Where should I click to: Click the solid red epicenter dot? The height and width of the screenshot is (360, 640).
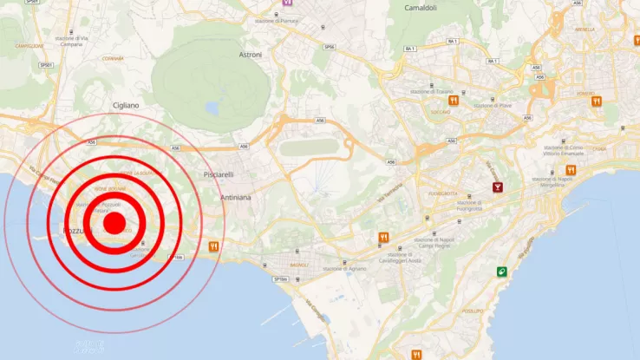114,224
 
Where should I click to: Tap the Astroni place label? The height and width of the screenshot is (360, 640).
251,55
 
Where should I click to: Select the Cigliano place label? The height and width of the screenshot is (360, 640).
126,106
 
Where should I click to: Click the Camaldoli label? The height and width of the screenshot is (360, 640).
426,8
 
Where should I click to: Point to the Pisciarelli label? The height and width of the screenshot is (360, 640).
218,175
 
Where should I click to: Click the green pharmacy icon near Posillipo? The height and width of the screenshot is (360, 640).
501,272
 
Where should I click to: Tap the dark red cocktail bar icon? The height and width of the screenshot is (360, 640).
497,187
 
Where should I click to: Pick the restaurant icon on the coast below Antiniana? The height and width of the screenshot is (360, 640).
213,246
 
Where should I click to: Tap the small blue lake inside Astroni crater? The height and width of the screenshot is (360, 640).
211,108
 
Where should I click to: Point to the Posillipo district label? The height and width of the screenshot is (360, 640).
473,310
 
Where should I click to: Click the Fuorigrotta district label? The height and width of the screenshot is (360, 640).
443,193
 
